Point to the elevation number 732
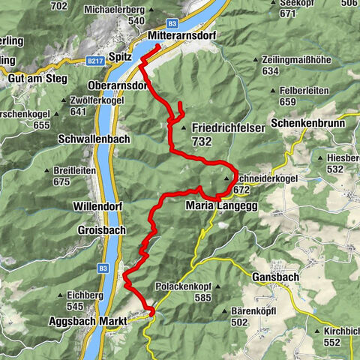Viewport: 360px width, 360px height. pyautogui.click(x=202, y=141)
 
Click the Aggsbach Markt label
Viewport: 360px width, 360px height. pyautogui.click(x=95, y=320)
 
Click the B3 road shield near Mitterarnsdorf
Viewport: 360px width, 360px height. pyautogui.click(x=172, y=24)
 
